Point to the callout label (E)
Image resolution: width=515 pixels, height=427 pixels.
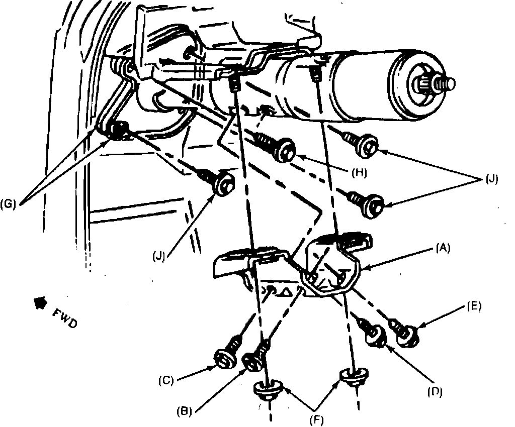tap(474, 306)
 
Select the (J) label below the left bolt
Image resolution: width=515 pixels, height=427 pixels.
tap(160, 255)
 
